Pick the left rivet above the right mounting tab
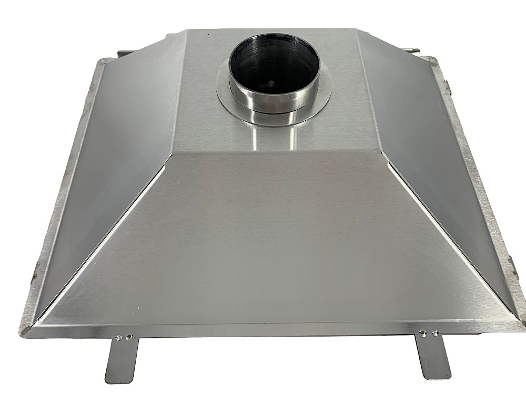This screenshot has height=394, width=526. tap(422, 331)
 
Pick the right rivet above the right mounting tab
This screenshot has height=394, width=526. tap(434, 331)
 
